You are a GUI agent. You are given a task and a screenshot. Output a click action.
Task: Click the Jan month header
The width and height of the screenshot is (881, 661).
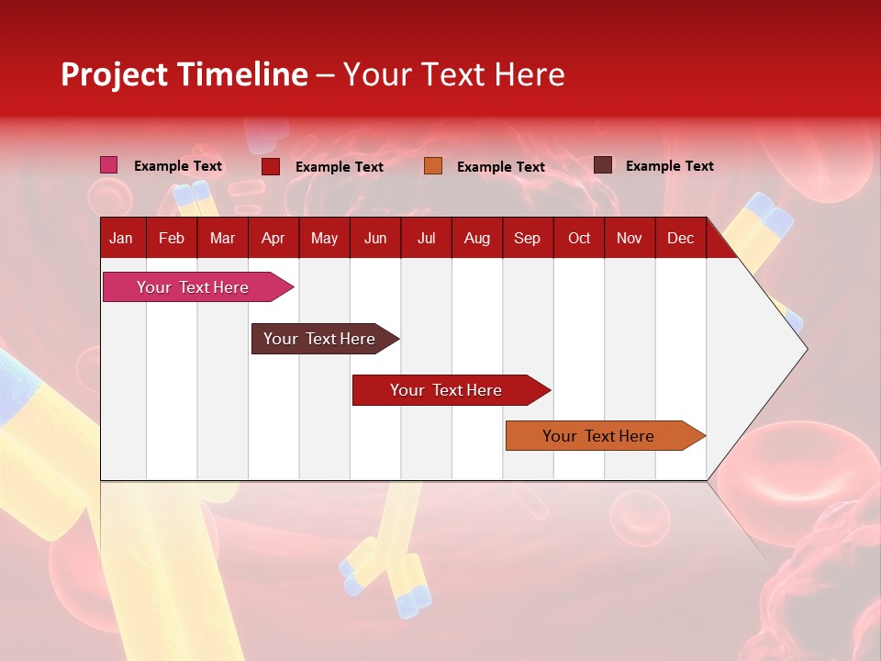tap(121, 238)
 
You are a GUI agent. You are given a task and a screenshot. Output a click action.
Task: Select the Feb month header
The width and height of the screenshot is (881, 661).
tap(172, 238)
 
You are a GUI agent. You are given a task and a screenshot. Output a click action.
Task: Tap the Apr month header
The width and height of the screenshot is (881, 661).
tap(273, 238)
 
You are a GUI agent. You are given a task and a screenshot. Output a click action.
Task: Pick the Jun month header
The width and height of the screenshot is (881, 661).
tap(375, 238)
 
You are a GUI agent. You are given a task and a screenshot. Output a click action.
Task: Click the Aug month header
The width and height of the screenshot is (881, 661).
tap(477, 238)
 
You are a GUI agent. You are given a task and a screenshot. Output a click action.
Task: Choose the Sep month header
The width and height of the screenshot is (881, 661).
tap(527, 238)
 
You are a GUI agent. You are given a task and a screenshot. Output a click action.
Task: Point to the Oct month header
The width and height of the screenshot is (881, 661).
tap(579, 238)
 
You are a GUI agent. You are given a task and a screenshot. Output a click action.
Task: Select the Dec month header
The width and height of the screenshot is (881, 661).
tap(680, 238)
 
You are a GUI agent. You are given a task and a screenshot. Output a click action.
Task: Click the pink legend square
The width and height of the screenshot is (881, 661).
tap(109, 165)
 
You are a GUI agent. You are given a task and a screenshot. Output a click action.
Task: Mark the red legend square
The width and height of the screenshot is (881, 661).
tap(271, 166)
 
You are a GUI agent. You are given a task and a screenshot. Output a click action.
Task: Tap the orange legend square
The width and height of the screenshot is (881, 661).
tap(433, 166)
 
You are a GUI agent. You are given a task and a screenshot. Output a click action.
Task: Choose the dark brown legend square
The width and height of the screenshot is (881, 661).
tap(603, 165)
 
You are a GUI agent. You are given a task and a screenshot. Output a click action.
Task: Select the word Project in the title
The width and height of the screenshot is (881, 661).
tap(114, 74)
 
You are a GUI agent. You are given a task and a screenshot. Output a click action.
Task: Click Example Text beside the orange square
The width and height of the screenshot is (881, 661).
tap(500, 167)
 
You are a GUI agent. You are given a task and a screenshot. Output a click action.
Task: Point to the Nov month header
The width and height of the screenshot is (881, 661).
tap(630, 238)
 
